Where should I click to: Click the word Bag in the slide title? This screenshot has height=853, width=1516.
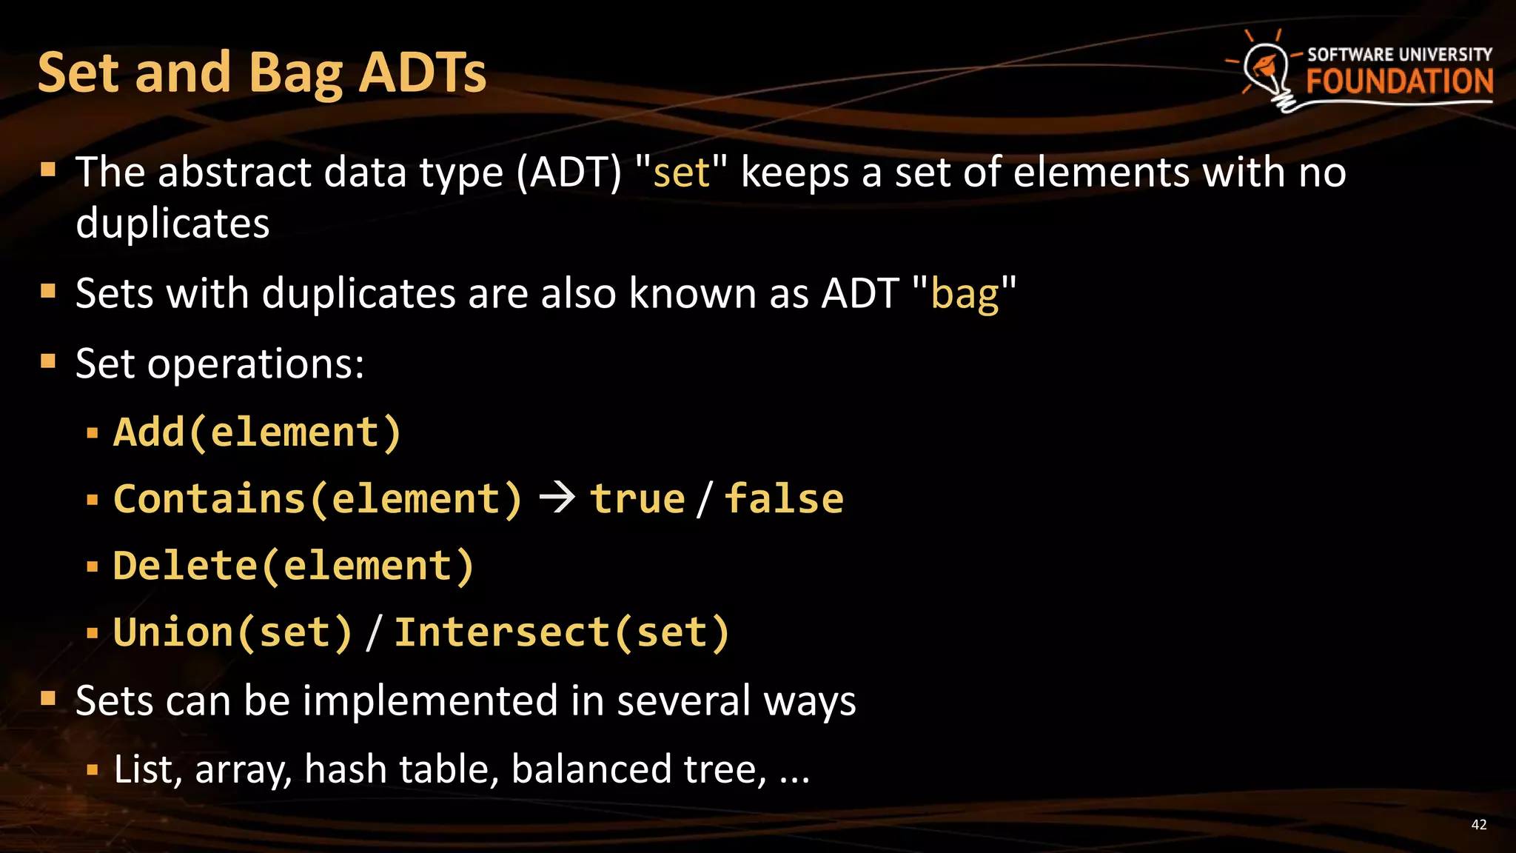click(x=295, y=73)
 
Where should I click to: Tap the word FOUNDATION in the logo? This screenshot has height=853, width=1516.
click(x=1399, y=81)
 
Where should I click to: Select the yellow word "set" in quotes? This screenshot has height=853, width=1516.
click(x=682, y=173)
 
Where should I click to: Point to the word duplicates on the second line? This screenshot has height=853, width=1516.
click(x=172, y=223)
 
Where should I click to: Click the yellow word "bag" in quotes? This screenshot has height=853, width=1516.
click(x=965, y=293)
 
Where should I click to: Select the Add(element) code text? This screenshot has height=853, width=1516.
click(x=257, y=432)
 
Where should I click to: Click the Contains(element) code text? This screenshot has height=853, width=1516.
click(x=318, y=499)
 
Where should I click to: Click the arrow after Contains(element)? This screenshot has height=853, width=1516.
click(x=557, y=498)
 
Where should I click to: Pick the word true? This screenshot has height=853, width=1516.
click(x=637, y=499)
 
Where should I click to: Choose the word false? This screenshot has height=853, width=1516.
click(x=783, y=499)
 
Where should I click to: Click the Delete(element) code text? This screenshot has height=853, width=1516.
click(x=293, y=566)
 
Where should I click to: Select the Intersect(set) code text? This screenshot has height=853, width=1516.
click(x=562, y=633)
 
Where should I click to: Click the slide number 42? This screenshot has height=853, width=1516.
click(x=1478, y=825)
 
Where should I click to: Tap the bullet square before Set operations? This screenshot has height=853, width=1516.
click(x=49, y=361)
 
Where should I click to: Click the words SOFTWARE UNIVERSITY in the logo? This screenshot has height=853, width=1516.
click(x=1399, y=54)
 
